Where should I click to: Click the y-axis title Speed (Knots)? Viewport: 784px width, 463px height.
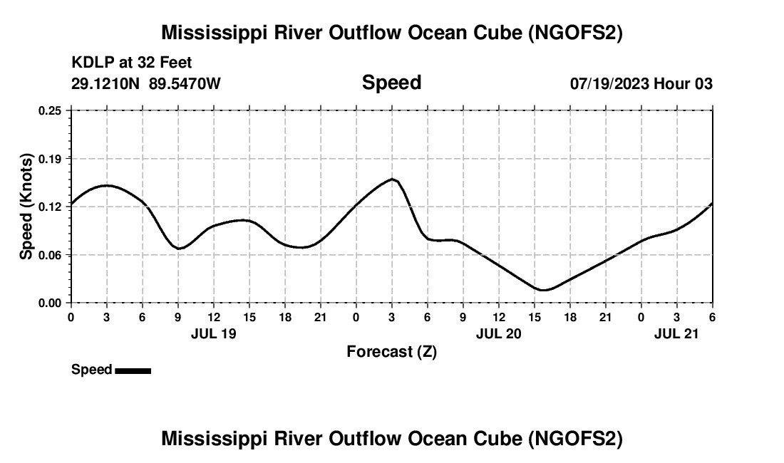point(26,206)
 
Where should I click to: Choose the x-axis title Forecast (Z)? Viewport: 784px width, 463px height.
point(391,351)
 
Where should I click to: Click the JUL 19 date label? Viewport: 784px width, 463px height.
point(213,333)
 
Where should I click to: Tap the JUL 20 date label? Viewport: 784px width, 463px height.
point(498,333)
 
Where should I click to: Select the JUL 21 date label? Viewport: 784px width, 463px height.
point(676,333)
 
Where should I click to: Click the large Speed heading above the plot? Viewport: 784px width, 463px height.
point(391,83)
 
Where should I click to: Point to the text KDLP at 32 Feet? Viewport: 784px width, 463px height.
point(132,63)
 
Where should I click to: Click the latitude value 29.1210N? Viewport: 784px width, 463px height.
point(106,83)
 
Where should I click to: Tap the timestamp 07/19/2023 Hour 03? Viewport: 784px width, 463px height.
point(641,83)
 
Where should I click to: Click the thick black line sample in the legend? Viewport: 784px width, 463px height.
point(133,370)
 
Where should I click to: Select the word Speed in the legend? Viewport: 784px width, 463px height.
point(91,370)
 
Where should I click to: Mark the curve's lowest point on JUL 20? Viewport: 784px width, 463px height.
point(543,290)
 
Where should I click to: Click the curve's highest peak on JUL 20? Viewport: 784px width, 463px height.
point(392,179)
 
